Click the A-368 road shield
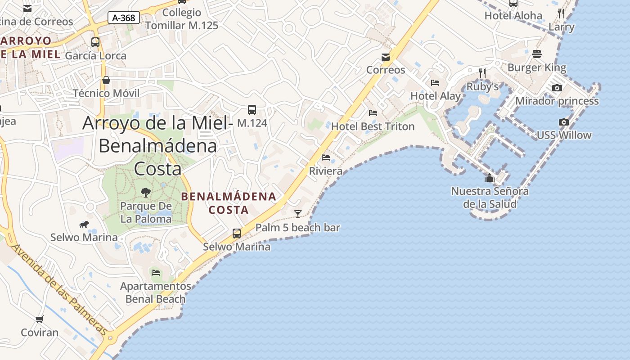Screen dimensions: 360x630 coord(124,18)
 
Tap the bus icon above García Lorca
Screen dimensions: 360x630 coord(95,42)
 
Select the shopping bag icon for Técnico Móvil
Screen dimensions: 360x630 coord(106,80)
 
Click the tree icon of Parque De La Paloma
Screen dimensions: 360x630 coord(145,193)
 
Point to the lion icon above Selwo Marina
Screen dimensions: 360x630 coord(84,224)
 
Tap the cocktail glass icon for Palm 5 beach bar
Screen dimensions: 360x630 coord(297,214)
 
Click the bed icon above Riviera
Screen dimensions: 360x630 coord(326,157)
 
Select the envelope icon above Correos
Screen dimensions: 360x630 coord(386,57)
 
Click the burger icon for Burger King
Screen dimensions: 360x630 coord(536,54)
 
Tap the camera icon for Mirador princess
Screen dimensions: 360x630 coord(557,88)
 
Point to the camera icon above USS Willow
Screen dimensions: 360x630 coord(563,122)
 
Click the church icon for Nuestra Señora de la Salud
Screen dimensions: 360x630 coord(490,178)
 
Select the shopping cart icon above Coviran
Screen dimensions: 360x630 coord(40,319)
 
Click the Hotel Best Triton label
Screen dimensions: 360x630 coord(373,126)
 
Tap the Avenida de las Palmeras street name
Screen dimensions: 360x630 coord(59,291)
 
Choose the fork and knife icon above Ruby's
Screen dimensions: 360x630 coord(482,73)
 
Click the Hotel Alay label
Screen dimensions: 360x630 coord(435,96)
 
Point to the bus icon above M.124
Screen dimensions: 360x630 coord(252,109)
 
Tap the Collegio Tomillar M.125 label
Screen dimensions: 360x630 coord(182,19)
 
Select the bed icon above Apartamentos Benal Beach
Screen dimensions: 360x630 coord(156,273)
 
